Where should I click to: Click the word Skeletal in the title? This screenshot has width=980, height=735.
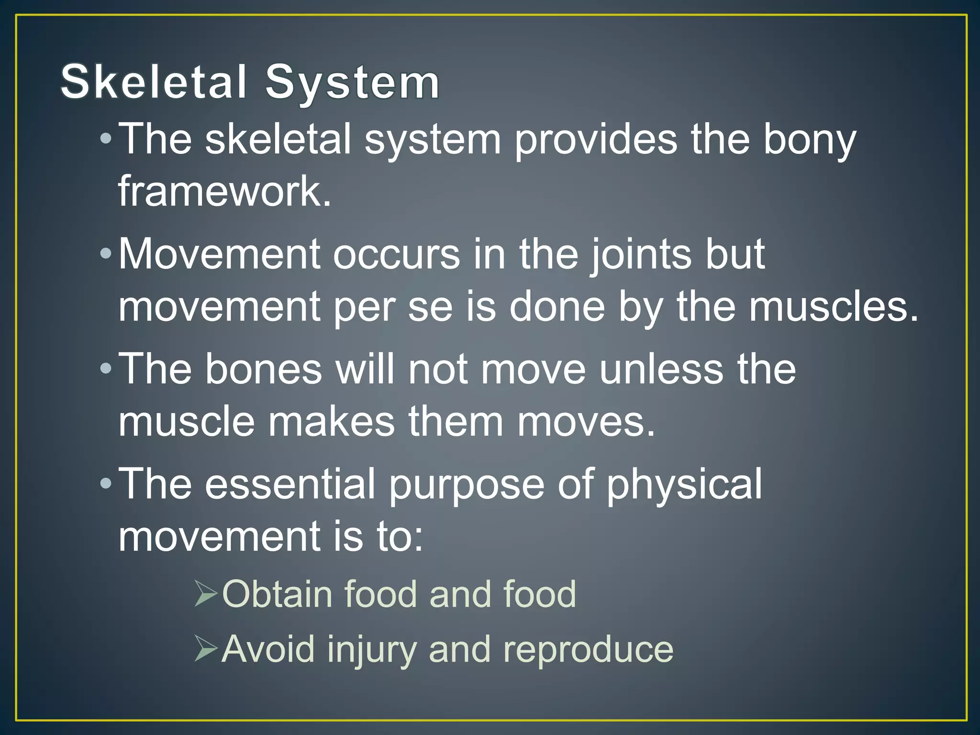tap(154, 82)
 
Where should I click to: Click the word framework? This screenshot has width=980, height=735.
tap(224, 191)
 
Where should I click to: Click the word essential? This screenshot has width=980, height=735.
tap(290, 484)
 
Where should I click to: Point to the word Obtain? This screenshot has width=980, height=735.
tap(277, 594)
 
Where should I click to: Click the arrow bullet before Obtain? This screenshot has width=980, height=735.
tap(206, 594)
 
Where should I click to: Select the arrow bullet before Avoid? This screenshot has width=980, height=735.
tap(206, 649)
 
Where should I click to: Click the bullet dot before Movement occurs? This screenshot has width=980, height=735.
tap(106, 254)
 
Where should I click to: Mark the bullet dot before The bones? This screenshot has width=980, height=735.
tap(106, 369)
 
